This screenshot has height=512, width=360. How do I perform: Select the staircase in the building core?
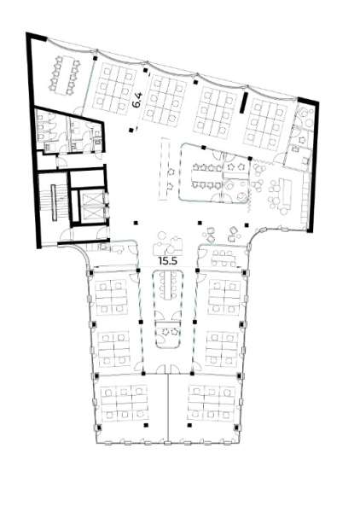[57, 204]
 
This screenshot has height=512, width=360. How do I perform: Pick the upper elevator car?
[89, 185]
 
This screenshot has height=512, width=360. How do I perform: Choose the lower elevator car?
[89, 210]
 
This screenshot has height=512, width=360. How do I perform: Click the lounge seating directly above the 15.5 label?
[165, 243]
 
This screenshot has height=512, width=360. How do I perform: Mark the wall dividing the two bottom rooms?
[168, 408]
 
